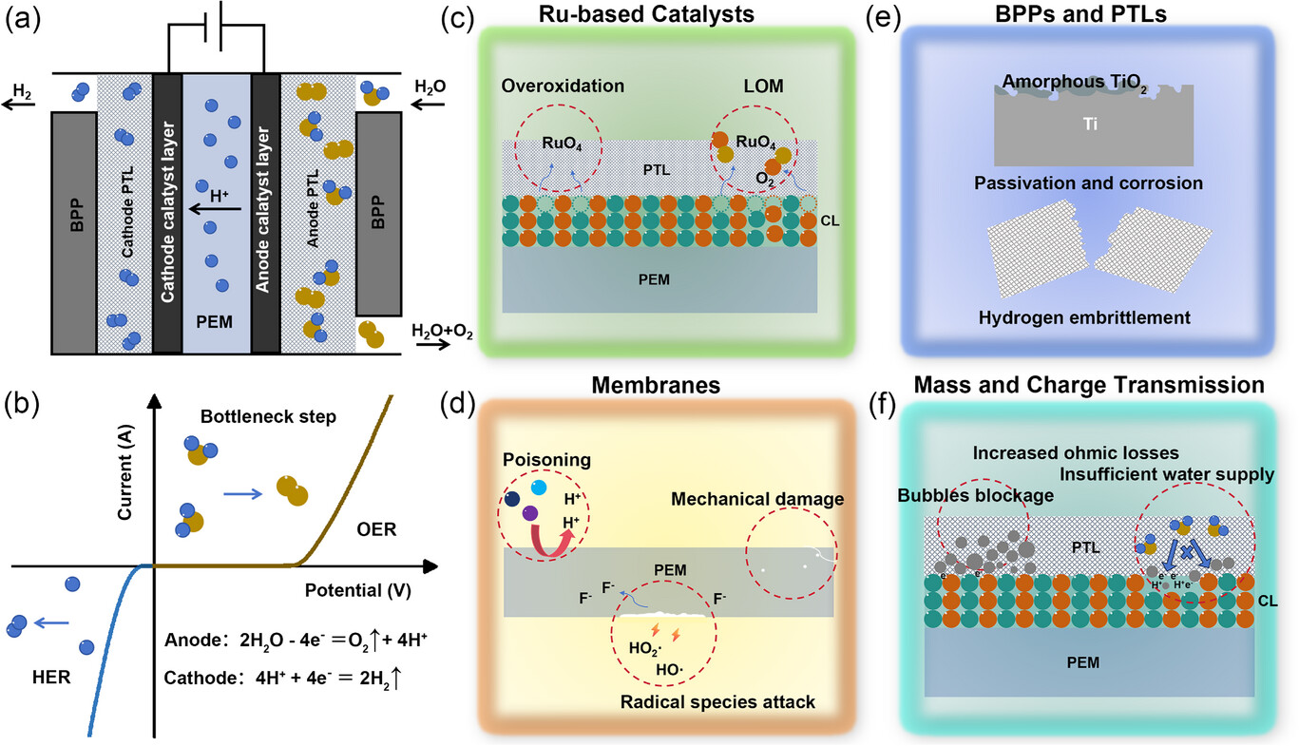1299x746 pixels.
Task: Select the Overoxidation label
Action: pyautogui.click(x=563, y=85)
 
